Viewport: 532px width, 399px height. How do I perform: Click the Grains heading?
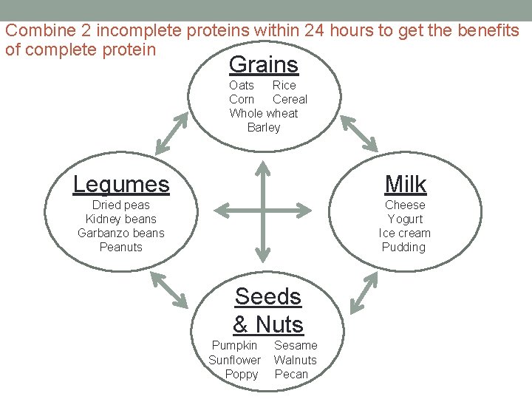pos(264,65)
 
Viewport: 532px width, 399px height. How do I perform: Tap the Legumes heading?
pos(121,183)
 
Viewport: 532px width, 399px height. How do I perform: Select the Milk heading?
pos(406,184)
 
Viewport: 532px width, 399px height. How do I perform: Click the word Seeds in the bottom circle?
pos(267,296)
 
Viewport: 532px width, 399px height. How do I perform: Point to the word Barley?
pos(264,128)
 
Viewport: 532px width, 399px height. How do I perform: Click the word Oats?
pos(242,85)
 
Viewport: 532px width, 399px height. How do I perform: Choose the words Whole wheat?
pos(264,113)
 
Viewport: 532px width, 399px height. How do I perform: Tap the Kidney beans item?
pos(121,219)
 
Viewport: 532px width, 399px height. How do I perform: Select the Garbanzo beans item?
pos(121,233)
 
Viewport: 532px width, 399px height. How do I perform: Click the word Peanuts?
pos(121,247)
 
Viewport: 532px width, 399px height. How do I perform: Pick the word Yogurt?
pos(405,219)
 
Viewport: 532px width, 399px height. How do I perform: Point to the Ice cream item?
pos(405,233)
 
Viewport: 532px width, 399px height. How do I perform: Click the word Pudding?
pos(404,247)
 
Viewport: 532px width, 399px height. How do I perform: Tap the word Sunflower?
pos(235,360)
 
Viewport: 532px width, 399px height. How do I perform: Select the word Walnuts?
pos(295,360)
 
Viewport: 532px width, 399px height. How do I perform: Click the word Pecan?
pos(291,374)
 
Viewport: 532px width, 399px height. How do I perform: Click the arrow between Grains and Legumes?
pos(171,133)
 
